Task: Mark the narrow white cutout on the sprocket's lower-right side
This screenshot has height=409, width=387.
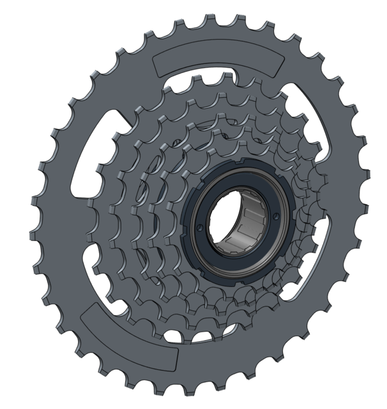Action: (319, 249)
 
